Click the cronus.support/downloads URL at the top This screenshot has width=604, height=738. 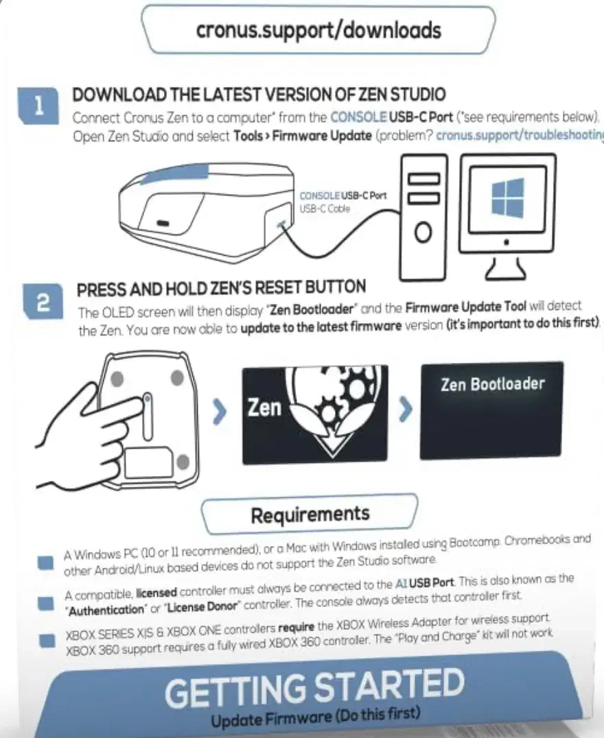318,31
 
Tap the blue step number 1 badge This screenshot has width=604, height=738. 38,106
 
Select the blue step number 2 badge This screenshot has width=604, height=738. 43,302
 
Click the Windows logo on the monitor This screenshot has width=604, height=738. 507,197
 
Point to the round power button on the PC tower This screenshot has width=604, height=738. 423,232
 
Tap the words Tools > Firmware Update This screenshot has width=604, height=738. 303,136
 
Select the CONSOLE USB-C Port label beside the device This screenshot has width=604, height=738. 343,195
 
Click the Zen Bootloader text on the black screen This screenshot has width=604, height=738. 492,385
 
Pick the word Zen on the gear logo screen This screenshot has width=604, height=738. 264,407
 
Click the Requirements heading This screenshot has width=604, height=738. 310,514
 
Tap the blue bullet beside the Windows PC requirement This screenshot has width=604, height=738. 46,562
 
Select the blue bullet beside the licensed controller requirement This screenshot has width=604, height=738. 46,604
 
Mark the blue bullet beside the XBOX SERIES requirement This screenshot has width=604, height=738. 47,641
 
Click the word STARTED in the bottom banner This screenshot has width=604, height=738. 388,686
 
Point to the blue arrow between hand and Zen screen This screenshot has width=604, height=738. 219,412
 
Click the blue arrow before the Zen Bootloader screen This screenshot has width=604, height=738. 405,409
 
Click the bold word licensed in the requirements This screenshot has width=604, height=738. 156,593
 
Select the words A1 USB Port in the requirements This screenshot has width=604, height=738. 424,583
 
